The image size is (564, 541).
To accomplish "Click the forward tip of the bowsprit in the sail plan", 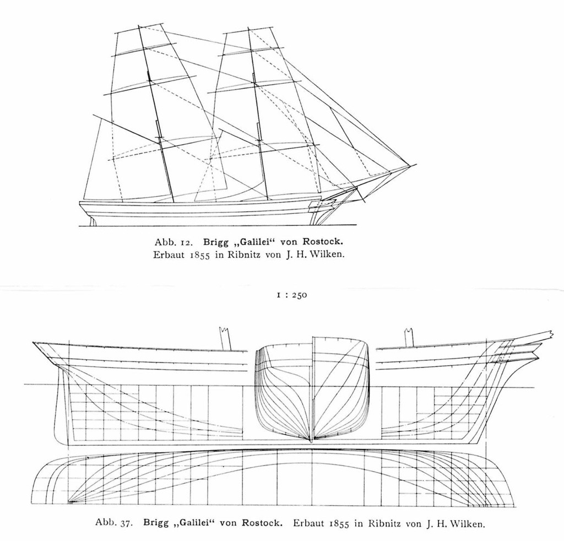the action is coord(416,164).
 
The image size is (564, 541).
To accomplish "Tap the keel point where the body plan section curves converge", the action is coord(312,440).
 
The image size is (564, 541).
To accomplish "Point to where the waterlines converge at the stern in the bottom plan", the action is coord(69,501).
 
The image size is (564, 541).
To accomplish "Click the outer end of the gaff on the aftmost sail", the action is coord(93,115).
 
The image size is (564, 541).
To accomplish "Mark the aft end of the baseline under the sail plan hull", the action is coord(79,226).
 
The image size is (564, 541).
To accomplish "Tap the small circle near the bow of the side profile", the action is coord(501,358).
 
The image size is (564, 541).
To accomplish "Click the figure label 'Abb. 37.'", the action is coord(115,523).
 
